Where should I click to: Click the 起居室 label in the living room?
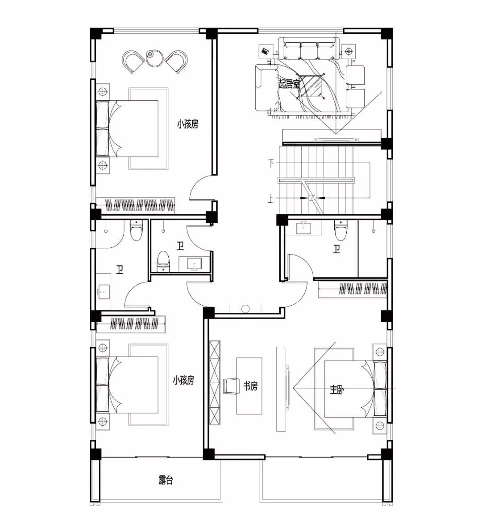coord(289,83)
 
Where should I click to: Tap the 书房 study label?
coord(250,386)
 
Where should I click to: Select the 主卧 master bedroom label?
coord(337,390)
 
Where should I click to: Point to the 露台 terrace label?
coord(166,480)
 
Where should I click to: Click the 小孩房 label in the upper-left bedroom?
coord(188,124)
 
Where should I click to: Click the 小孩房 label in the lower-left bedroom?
coord(183,380)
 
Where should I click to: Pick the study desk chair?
coord(230,386)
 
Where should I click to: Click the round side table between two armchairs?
coord(154,57)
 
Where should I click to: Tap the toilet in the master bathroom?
coord(340,231)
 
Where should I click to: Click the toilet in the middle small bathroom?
coord(163,261)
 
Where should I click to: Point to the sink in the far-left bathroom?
coord(104,291)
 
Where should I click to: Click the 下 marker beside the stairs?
coord(271,164)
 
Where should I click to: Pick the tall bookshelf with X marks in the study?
coord(215,383)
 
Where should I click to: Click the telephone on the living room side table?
coord(266,51)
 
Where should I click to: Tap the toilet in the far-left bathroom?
coord(136,230)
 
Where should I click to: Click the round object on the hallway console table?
coord(246,309)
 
